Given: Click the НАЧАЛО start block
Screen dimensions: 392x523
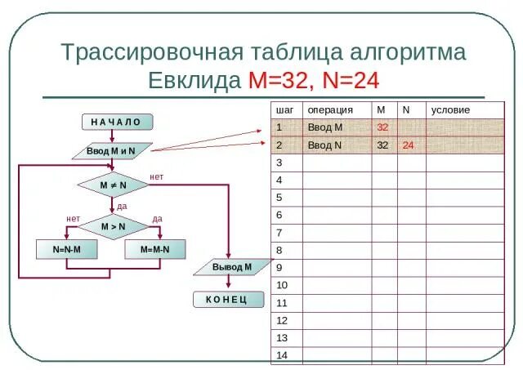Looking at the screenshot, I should click(116, 122).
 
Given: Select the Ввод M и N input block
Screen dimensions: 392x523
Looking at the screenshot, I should click(110, 152).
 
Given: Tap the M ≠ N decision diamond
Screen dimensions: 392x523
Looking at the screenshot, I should click(113, 185).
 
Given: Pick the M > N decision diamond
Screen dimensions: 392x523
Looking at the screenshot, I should click(113, 226).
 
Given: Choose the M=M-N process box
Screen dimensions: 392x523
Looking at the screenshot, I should click(154, 249).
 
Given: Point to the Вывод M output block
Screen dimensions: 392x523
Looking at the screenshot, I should click(232, 267).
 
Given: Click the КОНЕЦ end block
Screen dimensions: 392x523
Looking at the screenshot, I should click(228, 300).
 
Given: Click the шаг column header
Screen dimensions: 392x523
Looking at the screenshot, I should click(284, 109).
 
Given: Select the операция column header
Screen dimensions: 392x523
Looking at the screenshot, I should click(330, 109).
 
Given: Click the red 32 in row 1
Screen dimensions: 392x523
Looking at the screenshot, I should click(382, 127).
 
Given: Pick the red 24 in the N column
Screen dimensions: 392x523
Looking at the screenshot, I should click(408, 145).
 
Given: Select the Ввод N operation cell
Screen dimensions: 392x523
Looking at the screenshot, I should click(324, 145).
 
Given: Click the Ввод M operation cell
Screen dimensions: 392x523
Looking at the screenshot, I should click(324, 127).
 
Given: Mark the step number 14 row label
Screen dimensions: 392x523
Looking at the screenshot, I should click(283, 355).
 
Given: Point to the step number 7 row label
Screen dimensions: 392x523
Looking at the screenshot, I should click(279, 233).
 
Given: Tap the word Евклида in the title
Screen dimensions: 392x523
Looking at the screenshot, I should click(194, 80).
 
